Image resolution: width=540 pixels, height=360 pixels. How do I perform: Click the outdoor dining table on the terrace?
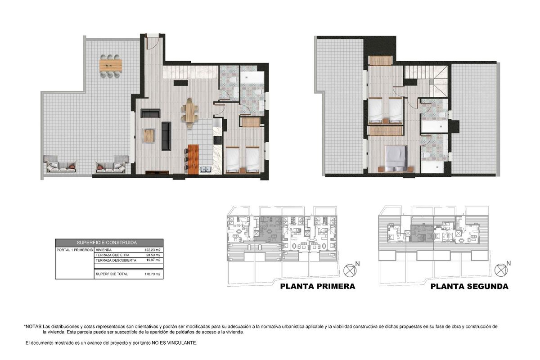tap(111, 66)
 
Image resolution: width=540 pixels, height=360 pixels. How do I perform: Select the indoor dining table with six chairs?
tap(190, 112)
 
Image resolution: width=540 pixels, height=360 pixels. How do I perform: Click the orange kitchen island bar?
tap(193, 159)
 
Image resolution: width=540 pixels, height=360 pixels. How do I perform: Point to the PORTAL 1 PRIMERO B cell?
tap(75, 250)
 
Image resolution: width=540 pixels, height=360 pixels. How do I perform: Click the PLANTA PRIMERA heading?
tap(318, 286)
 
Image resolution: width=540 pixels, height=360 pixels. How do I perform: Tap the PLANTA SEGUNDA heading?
tap(469, 286)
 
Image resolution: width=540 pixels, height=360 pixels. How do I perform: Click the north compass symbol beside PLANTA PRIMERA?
tap(350, 270)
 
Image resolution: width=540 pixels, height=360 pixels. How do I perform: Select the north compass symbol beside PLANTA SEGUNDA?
tap(500, 270)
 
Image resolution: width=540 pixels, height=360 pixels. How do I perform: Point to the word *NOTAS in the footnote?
tap(33, 326)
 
